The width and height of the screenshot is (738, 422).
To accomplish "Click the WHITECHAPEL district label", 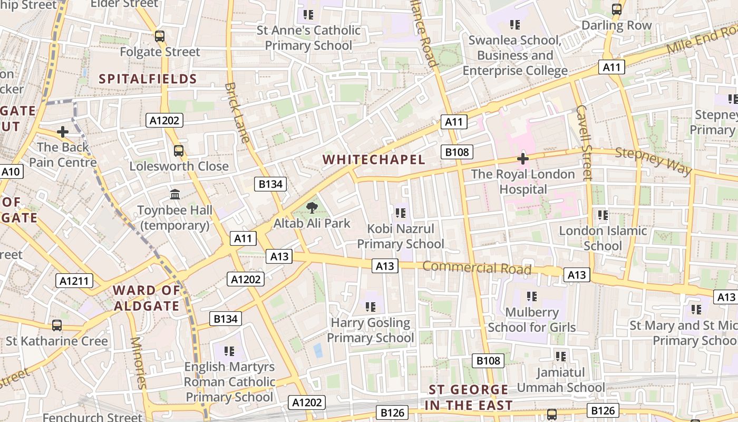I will pyautogui.click(x=373, y=160).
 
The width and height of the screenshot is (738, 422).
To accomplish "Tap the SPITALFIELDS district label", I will pyautogui.click(x=148, y=79).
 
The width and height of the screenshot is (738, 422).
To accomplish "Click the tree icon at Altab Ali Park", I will pyautogui.click(x=312, y=207).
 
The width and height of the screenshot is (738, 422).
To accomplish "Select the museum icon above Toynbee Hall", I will pyautogui.click(x=175, y=195).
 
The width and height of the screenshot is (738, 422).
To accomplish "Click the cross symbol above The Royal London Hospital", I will pyautogui.click(x=523, y=158).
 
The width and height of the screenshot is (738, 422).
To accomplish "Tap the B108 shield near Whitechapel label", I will pyautogui.click(x=457, y=152).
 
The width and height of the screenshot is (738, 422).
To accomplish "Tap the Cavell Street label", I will pyautogui.click(x=584, y=142).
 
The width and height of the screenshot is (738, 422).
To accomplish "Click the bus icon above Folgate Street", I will pyautogui.click(x=159, y=36).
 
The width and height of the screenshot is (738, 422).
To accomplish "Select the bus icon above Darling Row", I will pyautogui.click(x=616, y=9).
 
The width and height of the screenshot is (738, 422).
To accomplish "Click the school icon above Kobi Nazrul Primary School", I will pyautogui.click(x=400, y=213).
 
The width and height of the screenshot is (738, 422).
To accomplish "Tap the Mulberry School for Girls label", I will pyautogui.click(x=531, y=320).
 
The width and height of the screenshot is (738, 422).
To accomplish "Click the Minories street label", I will pyautogui.click(x=138, y=363).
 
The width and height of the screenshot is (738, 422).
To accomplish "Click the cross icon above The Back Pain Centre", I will pyautogui.click(x=63, y=131).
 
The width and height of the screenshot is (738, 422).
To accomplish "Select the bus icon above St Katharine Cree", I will pyautogui.click(x=56, y=325).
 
